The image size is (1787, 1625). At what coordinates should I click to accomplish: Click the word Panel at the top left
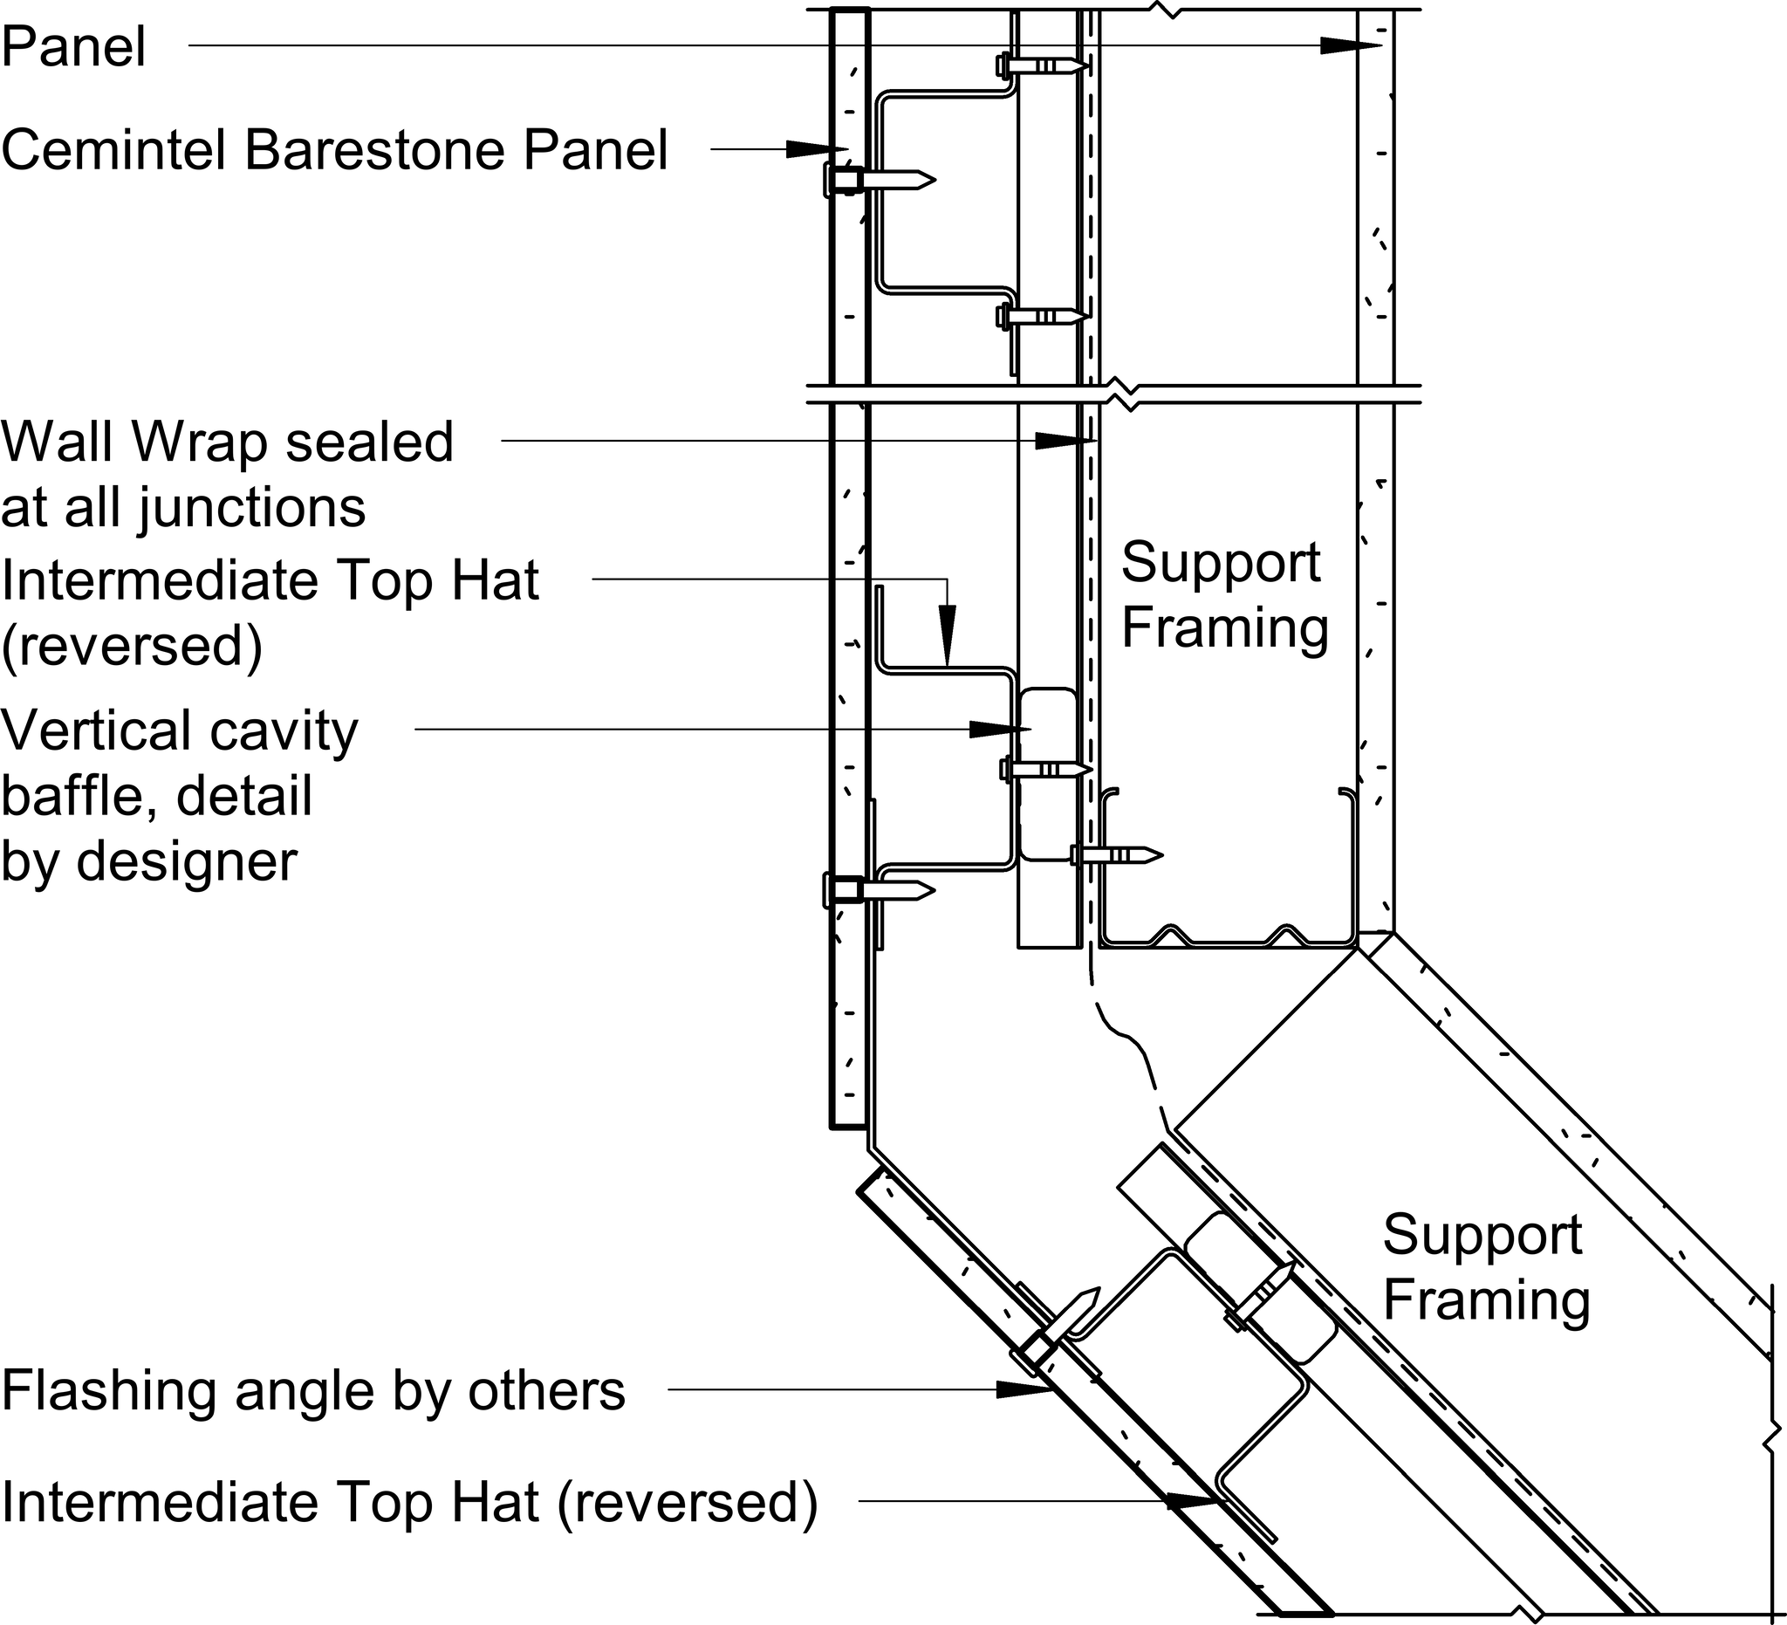[73, 47]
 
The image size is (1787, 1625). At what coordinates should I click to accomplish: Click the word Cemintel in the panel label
[114, 150]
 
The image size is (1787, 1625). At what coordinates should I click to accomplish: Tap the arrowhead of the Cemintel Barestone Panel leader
[815, 149]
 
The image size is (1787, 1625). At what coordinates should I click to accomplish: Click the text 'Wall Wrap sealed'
[227, 442]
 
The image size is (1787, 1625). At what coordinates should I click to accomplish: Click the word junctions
[253, 509]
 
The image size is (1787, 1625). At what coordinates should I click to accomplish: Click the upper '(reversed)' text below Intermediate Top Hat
[132, 647]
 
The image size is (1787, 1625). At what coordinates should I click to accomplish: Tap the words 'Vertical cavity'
[180, 731]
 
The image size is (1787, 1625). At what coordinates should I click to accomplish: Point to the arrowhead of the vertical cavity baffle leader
[997, 729]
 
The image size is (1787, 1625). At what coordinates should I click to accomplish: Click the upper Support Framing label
[1224, 595]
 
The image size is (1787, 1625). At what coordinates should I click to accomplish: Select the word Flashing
[108, 1390]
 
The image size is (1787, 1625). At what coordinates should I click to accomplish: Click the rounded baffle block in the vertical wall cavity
[1048, 774]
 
